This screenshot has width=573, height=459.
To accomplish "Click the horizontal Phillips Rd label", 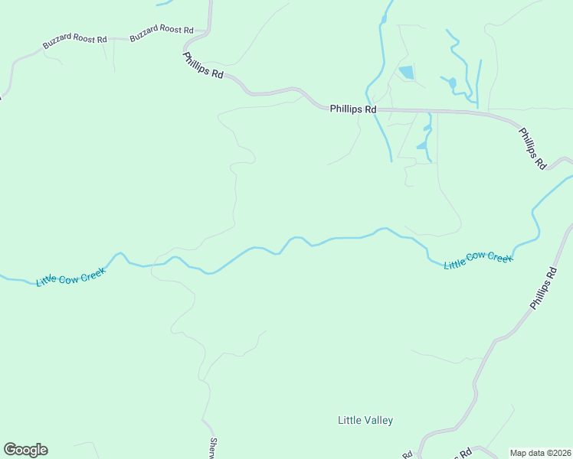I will [353, 109].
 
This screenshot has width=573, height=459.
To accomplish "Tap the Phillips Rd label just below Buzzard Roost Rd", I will [203, 65].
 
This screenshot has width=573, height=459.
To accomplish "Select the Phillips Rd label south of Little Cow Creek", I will [542, 288].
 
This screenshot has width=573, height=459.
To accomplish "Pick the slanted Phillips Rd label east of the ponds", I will [532, 148].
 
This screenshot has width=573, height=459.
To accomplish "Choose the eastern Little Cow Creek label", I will [478, 260].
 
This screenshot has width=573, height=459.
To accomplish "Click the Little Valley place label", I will [365, 420].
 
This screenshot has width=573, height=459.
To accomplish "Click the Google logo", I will [25, 450].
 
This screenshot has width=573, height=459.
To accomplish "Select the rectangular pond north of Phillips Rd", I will [406, 73].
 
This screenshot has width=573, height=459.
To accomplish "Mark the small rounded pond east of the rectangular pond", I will [452, 83].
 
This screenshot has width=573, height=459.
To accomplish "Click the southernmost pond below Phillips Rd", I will [421, 145].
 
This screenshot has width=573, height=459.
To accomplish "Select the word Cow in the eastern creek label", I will [479, 260].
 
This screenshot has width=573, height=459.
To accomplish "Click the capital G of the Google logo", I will [10, 450].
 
